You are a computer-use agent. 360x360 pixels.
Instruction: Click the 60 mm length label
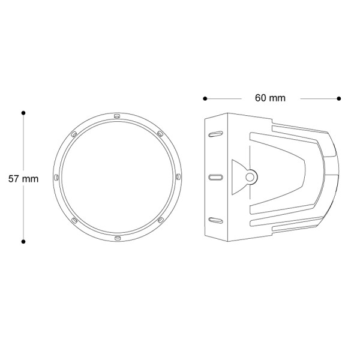coord(270,98)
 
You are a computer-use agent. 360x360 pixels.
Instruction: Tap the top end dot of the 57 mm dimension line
coord(23,112)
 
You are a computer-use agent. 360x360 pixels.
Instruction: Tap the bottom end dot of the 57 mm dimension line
coord(23,242)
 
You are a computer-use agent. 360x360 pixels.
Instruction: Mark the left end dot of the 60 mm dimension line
coord(205,98)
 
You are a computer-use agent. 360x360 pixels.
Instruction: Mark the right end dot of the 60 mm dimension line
coord(339,98)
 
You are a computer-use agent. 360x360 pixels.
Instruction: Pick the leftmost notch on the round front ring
coord(55,177)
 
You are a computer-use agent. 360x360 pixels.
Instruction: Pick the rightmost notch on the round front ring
coord(179,177)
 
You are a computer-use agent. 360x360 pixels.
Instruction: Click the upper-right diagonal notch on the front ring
coord(160,133)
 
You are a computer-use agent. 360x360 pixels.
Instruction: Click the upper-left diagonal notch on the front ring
coord(73,133)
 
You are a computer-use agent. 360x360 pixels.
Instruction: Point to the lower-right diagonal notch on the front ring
coord(160,221)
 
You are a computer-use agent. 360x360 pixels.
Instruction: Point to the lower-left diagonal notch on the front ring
coord(73,221)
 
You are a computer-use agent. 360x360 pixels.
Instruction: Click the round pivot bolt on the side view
coord(251,176)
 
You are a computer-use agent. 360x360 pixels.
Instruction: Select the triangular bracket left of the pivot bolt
coord(237,176)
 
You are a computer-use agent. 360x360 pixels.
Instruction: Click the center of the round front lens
coord(117,177)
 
